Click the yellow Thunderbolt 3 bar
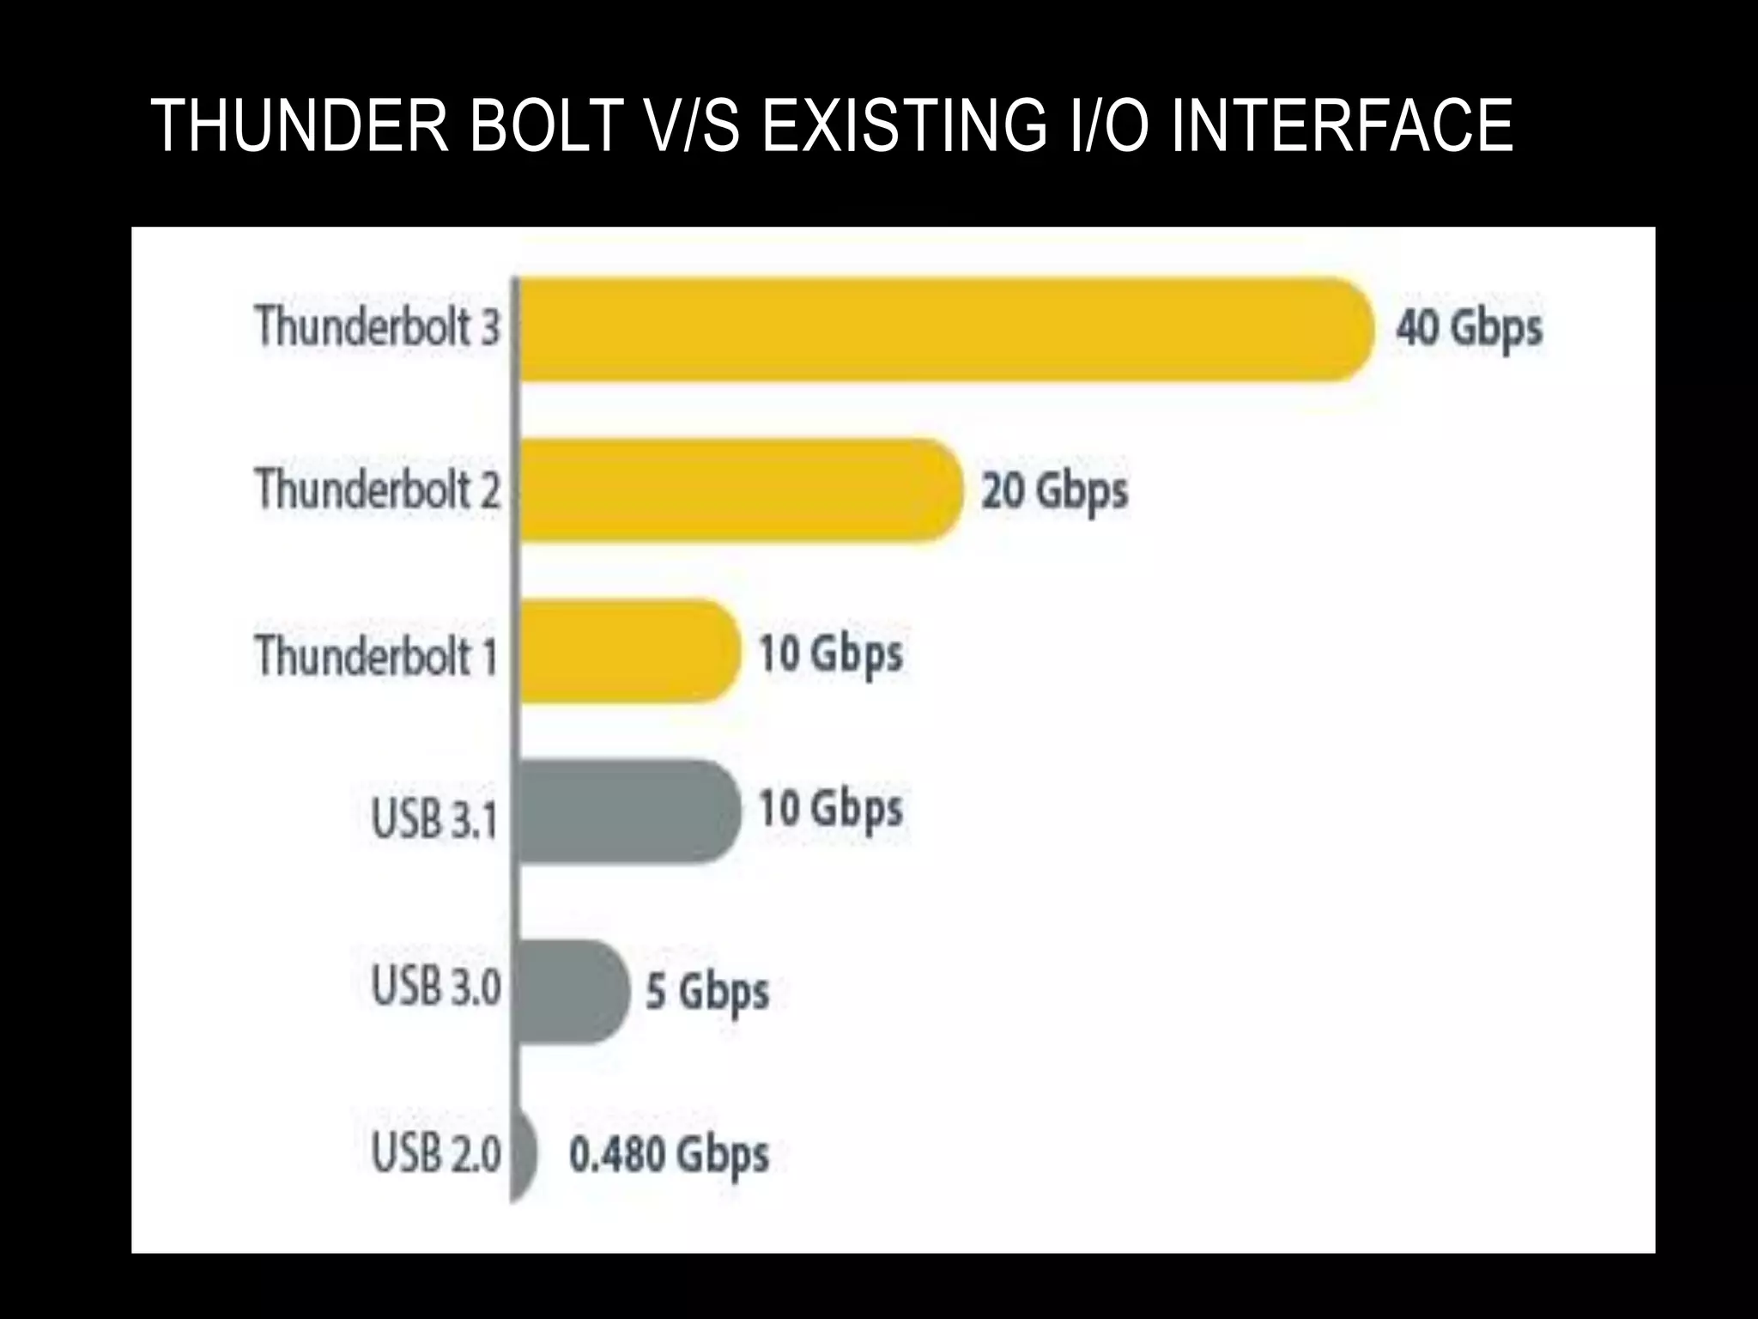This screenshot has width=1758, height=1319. pos(944,329)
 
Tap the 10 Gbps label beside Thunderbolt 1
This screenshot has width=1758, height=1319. pos(831,654)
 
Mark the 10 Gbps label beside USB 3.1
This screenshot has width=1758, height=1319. pos(831,810)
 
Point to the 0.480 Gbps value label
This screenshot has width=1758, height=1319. pos(669,1155)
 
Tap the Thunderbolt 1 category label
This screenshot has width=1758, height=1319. pos(376,656)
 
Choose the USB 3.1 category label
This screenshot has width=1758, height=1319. pos(434,818)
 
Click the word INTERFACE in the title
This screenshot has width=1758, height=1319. pos(1342,125)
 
